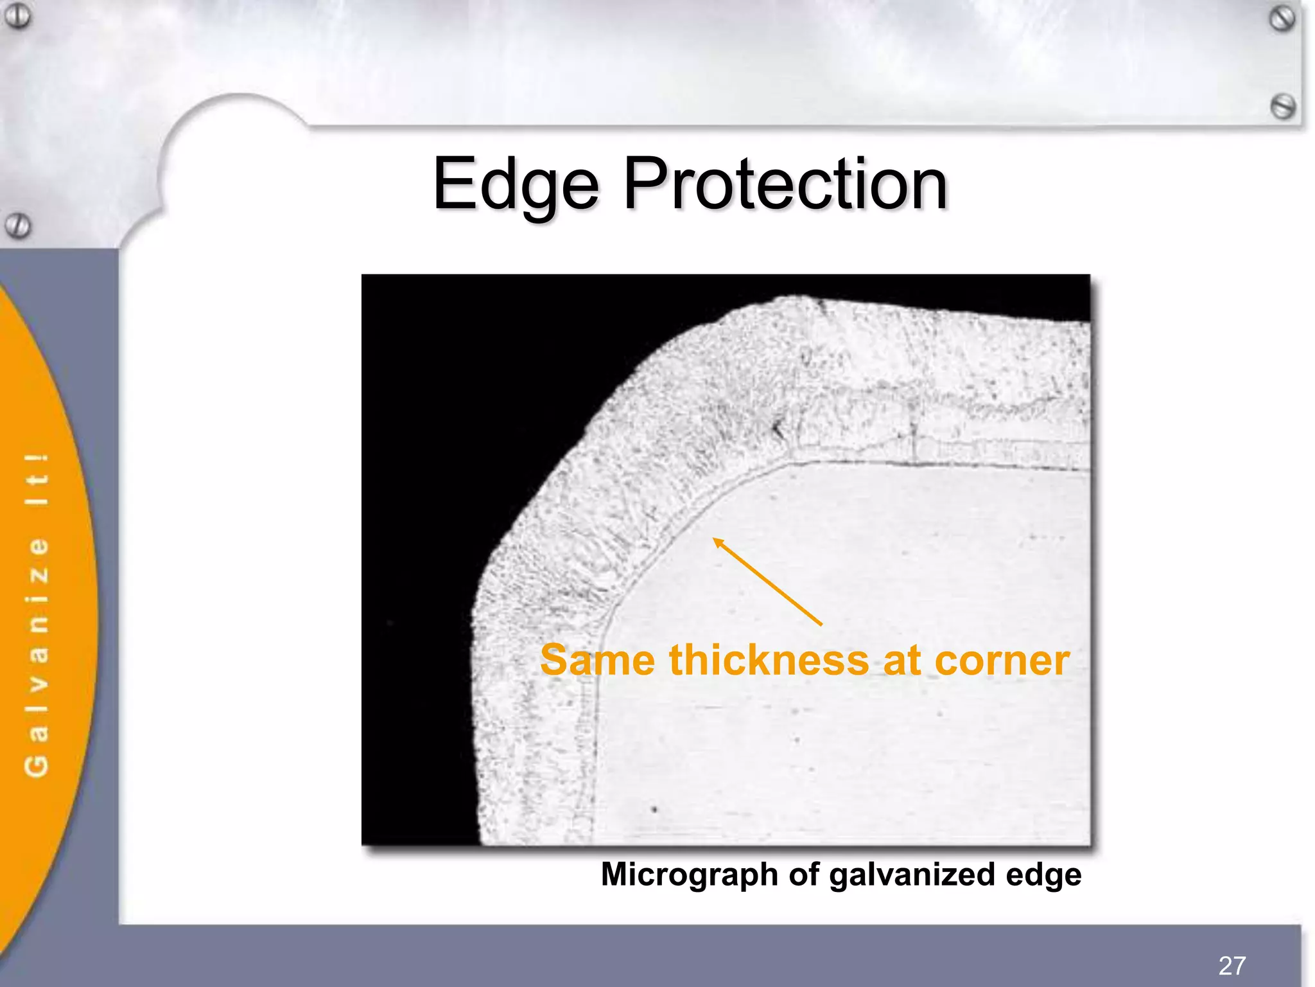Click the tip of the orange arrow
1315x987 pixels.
click(715, 539)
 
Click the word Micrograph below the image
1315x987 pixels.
click(689, 875)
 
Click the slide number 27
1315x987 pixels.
click(1232, 965)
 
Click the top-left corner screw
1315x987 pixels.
click(18, 15)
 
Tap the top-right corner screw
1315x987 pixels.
click(1282, 19)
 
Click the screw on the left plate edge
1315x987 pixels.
click(17, 226)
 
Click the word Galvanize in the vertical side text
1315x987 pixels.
click(37, 659)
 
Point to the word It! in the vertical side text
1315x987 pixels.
click(37, 479)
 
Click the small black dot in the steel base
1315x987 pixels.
click(654, 809)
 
